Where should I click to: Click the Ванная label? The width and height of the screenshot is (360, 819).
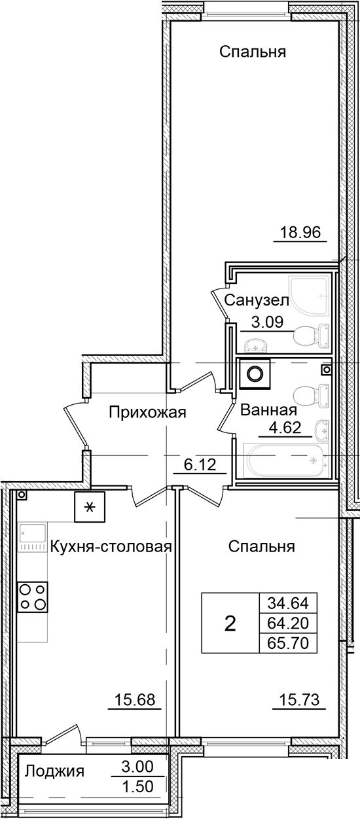269,411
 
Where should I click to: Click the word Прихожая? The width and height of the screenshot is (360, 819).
148,412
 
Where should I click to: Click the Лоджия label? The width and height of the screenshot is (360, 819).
54,772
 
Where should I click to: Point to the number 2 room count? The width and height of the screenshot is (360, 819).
230,623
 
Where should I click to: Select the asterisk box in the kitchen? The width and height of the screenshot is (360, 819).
90,506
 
